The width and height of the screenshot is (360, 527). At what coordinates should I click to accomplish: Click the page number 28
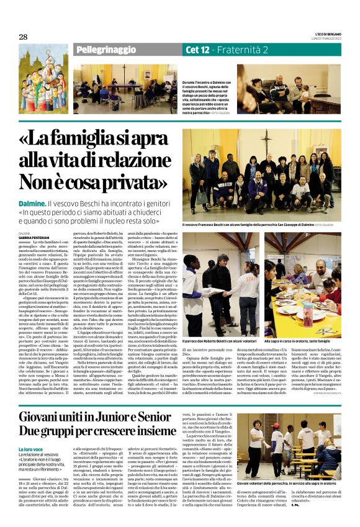23,37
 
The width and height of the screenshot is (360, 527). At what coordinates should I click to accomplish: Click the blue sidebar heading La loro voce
32,449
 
